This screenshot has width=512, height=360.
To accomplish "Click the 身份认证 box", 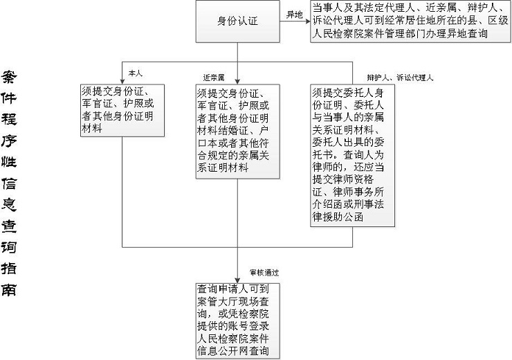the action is [238, 21].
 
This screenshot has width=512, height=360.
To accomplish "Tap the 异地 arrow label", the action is [295, 15].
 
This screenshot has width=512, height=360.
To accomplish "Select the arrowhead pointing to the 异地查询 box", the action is [308, 21].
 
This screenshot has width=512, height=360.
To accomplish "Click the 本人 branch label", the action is [136, 73].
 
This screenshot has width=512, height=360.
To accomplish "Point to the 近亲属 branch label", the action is [214, 78].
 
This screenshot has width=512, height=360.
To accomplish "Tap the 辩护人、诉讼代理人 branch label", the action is [400, 78].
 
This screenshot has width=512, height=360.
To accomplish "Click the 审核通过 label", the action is [264, 273].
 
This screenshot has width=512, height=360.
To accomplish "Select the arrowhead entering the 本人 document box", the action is [122, 81].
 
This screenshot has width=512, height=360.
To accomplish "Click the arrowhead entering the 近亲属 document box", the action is [237, 81].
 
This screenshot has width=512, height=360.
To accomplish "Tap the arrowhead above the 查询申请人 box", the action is [237, 280].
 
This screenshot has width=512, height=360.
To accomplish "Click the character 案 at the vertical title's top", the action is [9, 77].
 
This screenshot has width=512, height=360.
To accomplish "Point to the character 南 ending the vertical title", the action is [9, 289].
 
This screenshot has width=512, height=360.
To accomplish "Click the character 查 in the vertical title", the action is [9, 226].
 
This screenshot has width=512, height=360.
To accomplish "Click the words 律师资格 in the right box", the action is [358, 179].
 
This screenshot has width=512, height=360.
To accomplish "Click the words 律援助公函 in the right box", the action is [338, 217].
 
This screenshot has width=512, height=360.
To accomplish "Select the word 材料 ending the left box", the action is [92, 128].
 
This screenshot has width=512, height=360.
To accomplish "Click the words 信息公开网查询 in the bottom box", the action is [232, 351].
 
